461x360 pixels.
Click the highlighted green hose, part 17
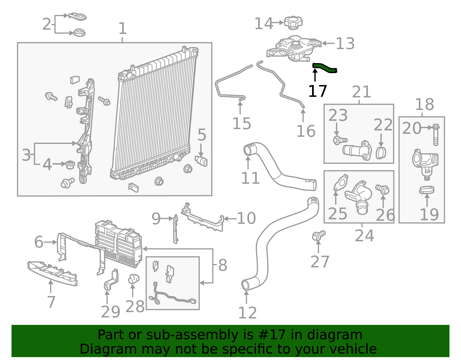pyautogui.click(x=324, y=68)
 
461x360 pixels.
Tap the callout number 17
pyautogui.click(x=317, y=91)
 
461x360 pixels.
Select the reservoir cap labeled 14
pyautogui.click(x=293, y=22)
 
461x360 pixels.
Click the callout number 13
pyautogui.click(x=345, y=44)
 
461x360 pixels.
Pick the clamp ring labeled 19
pyautogui.click(x=427, y=190)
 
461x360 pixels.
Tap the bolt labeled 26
pyautogui.click(x=383, y=189)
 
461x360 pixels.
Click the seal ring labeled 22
pyautogui.click(x=381, y=153)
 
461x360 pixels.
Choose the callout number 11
pyautogui.click(x=250, y=178)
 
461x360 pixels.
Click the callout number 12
pyautogui.click(x=247, y=313)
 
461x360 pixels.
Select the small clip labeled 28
pyautogui.click(x=133, y=279)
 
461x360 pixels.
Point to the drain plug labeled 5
pyautogui.click(x=201, y=161)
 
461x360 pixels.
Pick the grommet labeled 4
pyautogui.click(x=70, y=165)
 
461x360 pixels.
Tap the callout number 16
pyautogui.click(x=306, y=131)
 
